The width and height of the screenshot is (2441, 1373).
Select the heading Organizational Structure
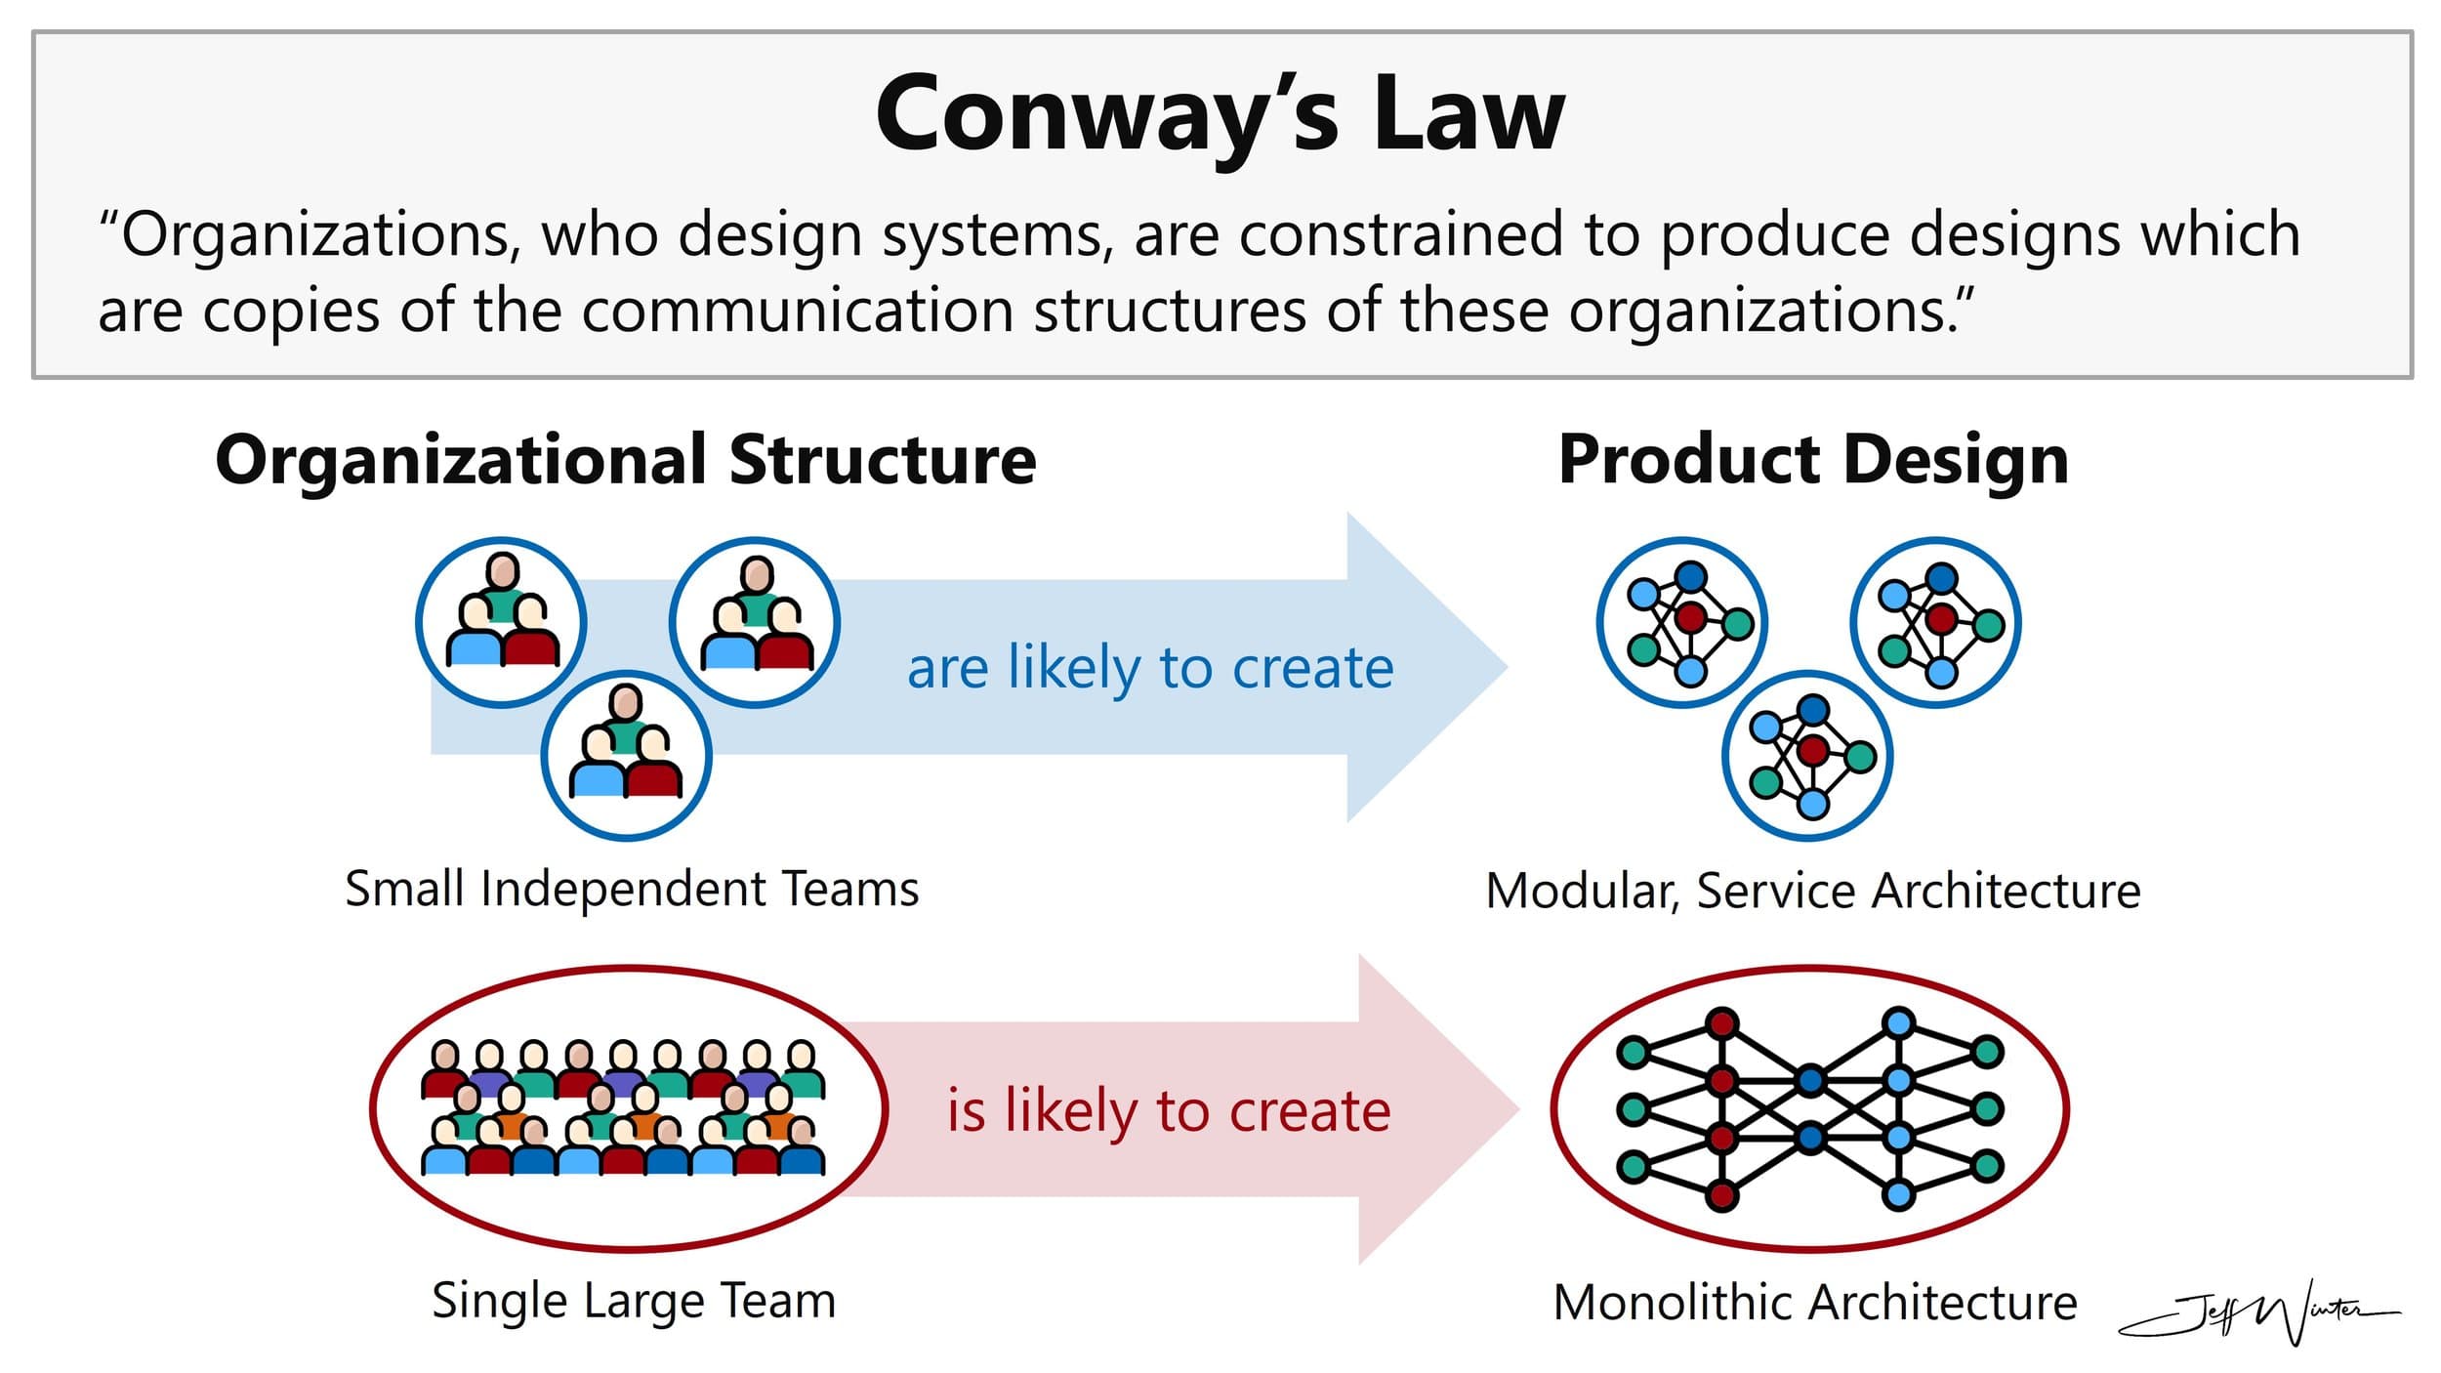point(626,460)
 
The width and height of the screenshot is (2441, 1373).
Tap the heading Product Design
point(1813,459)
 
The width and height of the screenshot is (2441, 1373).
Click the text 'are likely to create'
point(1150,669)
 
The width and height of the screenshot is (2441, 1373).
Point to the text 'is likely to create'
point(1169,1111)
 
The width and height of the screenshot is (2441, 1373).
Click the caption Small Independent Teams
point(632,890)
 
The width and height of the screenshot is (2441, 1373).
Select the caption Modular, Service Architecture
point(1813,891)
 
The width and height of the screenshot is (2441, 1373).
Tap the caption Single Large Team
point(634,1302)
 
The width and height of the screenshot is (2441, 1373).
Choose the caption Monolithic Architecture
point(1815,1303)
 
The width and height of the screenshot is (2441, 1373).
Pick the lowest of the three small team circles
point(626,755)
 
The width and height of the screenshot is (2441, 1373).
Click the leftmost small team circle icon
point(501,622)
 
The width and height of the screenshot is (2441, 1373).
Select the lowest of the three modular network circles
point(1807,755)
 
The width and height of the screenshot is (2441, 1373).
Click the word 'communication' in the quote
point(798,312)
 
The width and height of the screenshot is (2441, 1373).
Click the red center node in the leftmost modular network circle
point(1690,617)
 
